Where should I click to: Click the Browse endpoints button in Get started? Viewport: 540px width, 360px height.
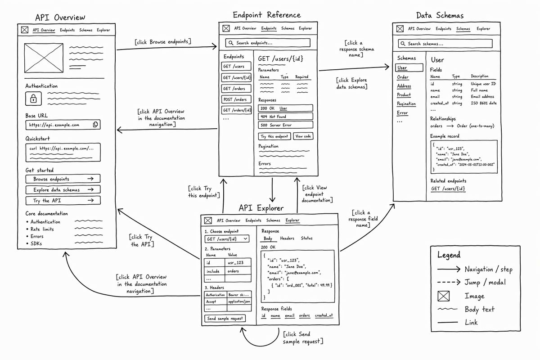click(x=63, y=179)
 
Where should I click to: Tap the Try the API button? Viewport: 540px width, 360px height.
click(x=63, y=200)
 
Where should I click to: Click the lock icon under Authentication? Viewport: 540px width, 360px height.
click(x=33, y=99)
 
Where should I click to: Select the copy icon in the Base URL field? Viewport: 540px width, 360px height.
click(x=95, y=124)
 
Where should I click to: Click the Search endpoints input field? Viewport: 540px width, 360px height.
click(x=268, y=43)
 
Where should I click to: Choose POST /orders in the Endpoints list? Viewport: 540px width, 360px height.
click(x=236, y=99)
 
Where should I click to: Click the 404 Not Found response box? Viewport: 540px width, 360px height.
click(x=285, y=117)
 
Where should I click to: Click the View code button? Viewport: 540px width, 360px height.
click(x=303, y=136)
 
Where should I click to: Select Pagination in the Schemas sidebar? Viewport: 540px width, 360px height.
click(x=406, y=103)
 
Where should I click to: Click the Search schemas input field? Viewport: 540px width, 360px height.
click(x=445, y=44)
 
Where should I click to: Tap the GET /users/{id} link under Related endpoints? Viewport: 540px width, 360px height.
click(x=448, y=189)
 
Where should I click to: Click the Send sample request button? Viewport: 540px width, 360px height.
click(x=225, y=318)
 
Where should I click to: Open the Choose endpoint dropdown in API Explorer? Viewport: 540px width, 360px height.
click(x=227, y=238)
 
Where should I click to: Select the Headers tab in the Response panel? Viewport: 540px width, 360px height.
click(x=287, y=238)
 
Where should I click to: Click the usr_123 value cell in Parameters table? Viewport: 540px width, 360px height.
click(x=238, y=262)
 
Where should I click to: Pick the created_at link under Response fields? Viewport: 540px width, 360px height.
click(x=324, y=315)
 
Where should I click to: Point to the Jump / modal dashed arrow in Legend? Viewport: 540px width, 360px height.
click(x=449, y=282)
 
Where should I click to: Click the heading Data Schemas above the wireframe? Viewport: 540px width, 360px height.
click(x=440, y=15)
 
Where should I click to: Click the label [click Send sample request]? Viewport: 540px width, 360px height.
click(x=303, y=337)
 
